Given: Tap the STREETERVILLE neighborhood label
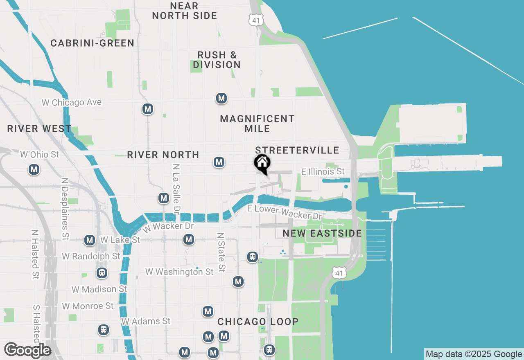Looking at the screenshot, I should (x=297, y=150).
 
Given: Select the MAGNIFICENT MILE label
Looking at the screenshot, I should (x=257, y=124).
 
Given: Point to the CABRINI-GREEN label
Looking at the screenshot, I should (x=93, y=43).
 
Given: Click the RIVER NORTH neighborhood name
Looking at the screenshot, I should (x=163, y=155).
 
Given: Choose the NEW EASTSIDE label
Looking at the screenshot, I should (x=322, y=234).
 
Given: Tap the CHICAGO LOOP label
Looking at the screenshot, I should (x=258, y=322).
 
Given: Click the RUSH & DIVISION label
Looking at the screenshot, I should (x=217, y=60).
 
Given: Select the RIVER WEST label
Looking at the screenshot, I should (x=39, y=128).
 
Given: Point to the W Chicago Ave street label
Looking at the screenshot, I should (x=72, y=102).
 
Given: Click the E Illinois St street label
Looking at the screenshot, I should (x=323, y=172).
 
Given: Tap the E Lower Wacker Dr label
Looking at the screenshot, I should (x=285, y=212).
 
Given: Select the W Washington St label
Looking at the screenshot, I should (x=179, y=272).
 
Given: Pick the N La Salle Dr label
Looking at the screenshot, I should (x=176, y=189).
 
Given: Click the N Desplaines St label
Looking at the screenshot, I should (x=64, y=209).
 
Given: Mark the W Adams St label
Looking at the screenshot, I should (x=146, y=321).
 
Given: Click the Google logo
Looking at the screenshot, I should (x=27, y=350).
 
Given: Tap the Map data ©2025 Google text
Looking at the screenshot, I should (x=474, y=354).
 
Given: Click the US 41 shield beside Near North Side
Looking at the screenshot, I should (x=255, y=19).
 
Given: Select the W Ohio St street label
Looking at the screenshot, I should (x=40, y=155).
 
